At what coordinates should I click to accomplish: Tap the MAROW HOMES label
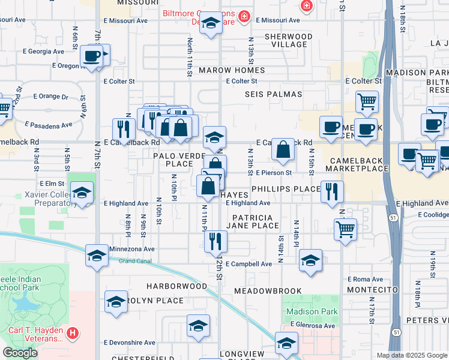point(232,70)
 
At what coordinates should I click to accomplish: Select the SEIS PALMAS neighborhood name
point(273,95)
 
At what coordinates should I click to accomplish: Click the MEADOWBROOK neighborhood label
point(268,290)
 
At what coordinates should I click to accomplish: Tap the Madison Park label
point(312,312)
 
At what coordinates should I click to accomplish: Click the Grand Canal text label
point(133,261)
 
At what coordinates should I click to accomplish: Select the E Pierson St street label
point(273,173)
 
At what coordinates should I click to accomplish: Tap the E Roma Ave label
point(365,280)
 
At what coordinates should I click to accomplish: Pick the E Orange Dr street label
point(51,96)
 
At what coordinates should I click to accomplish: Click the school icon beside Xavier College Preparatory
point(82,193)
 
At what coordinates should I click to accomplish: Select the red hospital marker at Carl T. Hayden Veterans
point(72,332)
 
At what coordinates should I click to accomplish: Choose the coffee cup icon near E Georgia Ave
point(92,56)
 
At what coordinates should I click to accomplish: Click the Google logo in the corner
point(20,353)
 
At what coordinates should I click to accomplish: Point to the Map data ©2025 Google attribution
point(412,355)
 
